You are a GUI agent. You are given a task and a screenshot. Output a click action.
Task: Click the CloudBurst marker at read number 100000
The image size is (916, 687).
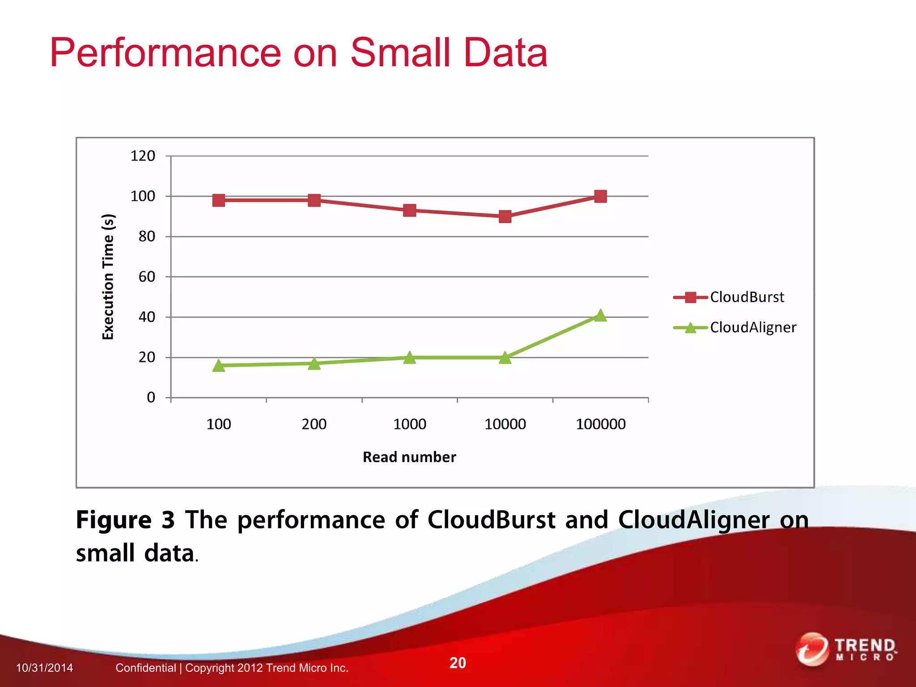pyautogui.click(x=600, y=196)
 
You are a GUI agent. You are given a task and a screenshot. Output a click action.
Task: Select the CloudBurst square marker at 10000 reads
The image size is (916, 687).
pyautogui.click(x=505, y=216)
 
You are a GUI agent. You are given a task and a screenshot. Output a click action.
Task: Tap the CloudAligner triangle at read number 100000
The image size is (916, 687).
pyautogui.click(x=600, y=316)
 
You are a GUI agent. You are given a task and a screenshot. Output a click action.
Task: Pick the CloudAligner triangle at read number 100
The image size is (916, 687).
pyautogui.click(x=219, y=366)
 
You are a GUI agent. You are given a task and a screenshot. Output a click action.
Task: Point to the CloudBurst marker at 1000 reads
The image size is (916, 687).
pyautogui.click(x=409, y=210)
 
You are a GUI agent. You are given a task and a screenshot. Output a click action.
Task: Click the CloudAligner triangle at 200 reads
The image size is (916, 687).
pyautogui.click(x=314, y=364)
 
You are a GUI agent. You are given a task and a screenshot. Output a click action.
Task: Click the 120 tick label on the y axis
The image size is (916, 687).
pyautogui.click(x=143, y=156)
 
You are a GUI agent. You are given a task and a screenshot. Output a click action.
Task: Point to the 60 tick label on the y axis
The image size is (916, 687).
pyautogui.click(x=147, y=277)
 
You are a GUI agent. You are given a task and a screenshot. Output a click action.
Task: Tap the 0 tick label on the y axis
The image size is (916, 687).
pyautogui.click(x=151, y=398)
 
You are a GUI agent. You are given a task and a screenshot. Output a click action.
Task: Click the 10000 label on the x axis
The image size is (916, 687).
pyautogui.click(x=505, y=424)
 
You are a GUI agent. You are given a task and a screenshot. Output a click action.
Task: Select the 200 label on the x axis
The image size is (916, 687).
pyautogui.click(x=314, y=424)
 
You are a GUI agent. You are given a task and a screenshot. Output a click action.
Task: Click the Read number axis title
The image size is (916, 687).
pyautogui.click(x=409, y=457)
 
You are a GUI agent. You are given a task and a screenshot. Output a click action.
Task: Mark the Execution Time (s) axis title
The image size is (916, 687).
pyautogui.click(x=108, y=277)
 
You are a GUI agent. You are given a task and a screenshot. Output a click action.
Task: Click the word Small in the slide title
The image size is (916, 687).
pyautogui.click(x=400, y=53)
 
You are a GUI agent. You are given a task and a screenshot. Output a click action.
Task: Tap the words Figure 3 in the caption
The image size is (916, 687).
pyautogui.click(x=125, y=520)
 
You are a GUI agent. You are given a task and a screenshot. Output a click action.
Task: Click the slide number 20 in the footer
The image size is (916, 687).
pyautogui.click(x=458, y=662)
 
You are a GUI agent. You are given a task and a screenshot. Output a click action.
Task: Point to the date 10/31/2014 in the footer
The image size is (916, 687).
pyautogui.click(x=44, y=668)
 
